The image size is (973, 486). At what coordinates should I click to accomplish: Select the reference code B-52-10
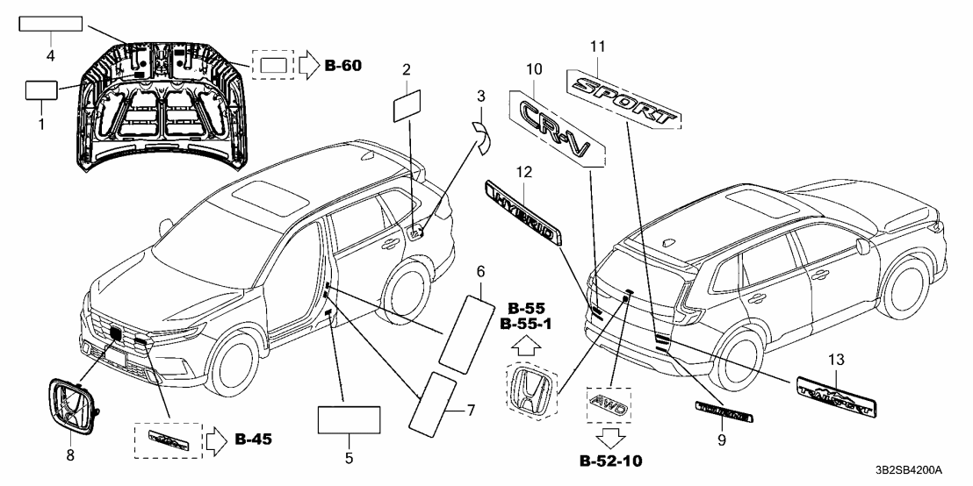608,461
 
